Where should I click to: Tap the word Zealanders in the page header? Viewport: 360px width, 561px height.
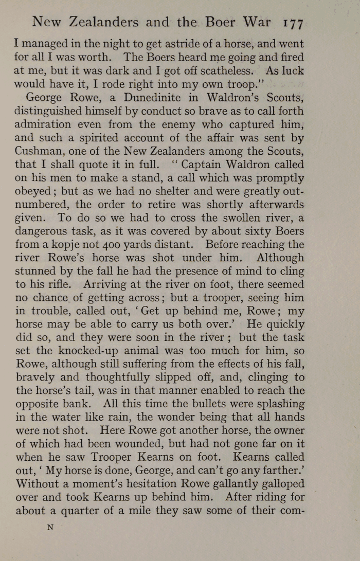(106, 23)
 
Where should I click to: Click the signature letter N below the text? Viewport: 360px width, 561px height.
(50, 527)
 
